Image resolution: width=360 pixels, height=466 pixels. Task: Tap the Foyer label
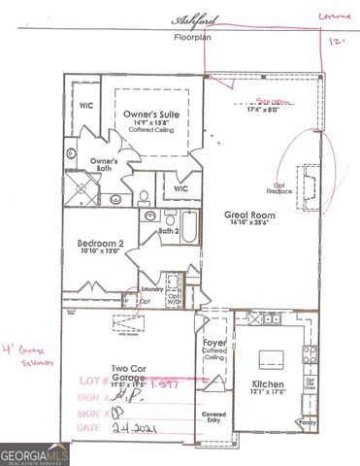click(213, 343)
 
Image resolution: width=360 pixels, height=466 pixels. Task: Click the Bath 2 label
click(168, 232)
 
